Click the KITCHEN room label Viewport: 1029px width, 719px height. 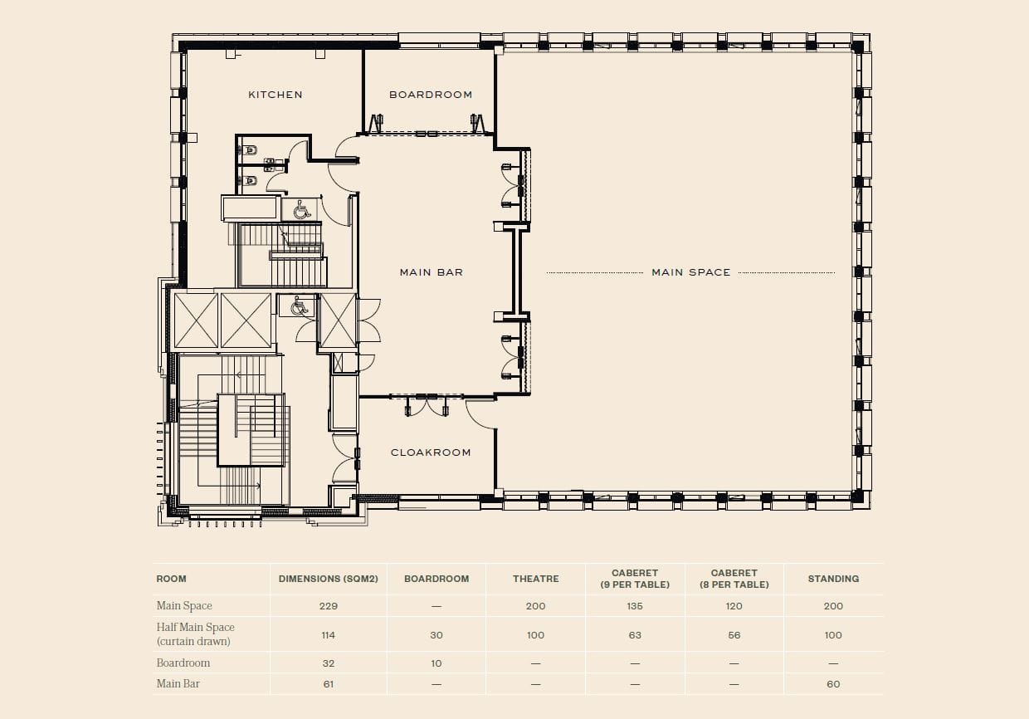[x=276, y=95]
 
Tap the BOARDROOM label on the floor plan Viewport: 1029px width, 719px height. [x=431, y=95]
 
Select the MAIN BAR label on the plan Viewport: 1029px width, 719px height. [x=431, y=272]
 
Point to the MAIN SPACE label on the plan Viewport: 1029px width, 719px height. [x=690, y=272]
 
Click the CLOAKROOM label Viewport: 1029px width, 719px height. [x=431, y=452]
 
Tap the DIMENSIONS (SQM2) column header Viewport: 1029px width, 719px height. [x=328, y=579]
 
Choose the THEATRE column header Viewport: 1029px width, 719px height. [x=535, y=579]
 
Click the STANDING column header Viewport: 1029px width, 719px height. [x=833, y=579]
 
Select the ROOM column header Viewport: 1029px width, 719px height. [x=171, y=579]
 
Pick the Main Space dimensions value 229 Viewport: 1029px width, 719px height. [x=328, y=606]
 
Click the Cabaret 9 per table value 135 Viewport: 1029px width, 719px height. [x=635, y=606]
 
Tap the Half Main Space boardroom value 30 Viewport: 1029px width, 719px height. [x=436, y=635]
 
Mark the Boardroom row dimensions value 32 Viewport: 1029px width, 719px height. [x=328, y=663]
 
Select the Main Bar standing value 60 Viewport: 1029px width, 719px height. [x=833, y=684]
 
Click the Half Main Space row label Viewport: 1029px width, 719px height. [x=195, y=634]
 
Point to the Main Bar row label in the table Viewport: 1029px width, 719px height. [x=178, y=683]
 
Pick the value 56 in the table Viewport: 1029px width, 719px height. [x=734, y=635]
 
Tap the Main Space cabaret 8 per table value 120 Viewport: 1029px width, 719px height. [x=734, y=606]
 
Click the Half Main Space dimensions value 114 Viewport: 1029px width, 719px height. [x=328, y=635]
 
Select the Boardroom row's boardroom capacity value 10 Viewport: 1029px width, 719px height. [x=436, y=663]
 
